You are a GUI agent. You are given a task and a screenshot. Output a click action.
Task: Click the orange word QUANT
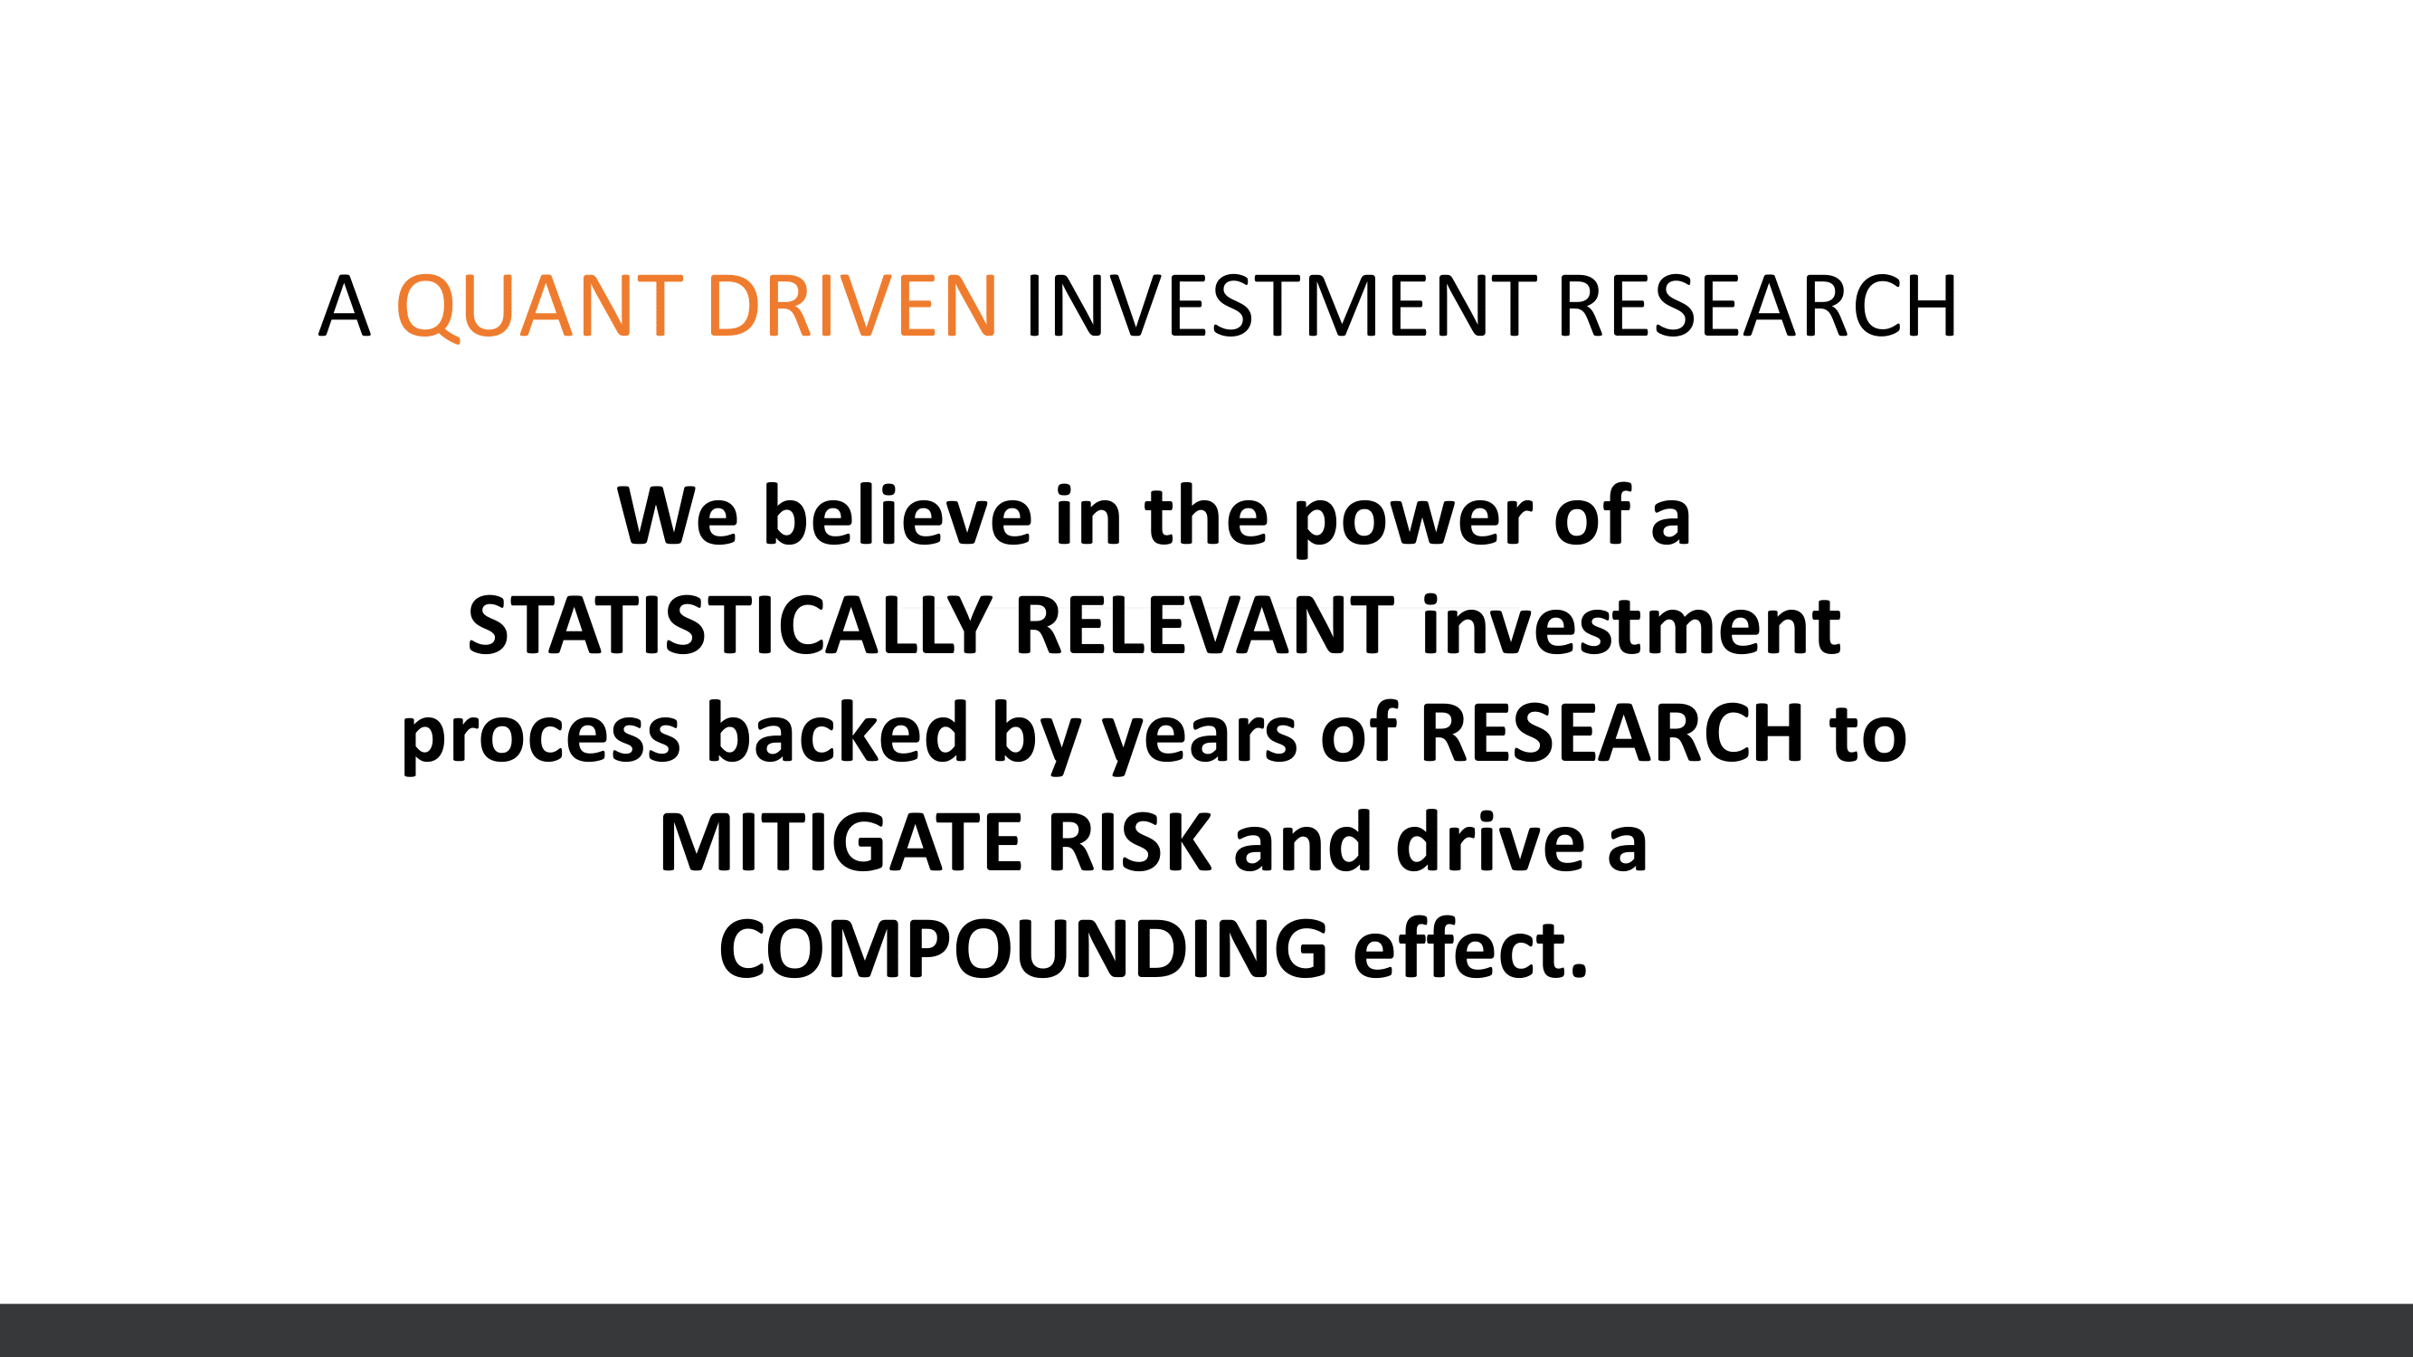tap(538, 307)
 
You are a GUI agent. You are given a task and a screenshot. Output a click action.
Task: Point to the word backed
tap(837, 731)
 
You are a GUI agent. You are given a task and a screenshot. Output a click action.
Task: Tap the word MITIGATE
tap(841, 842)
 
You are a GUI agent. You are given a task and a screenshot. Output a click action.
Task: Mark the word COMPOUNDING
tap(1024, 949)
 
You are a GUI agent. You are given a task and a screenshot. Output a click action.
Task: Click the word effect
tap(1470, 947)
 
